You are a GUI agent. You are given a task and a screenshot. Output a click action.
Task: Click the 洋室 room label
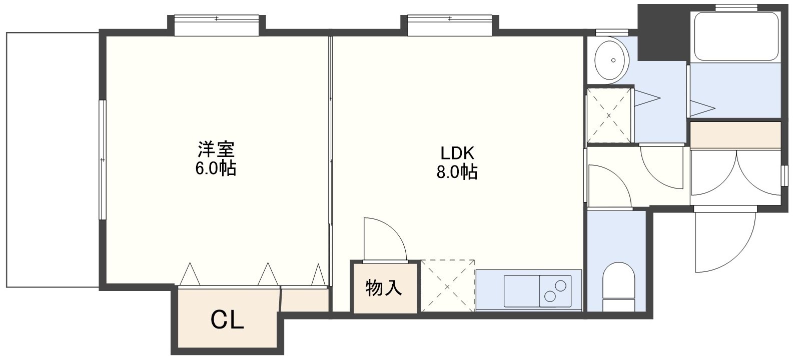pos(216,149)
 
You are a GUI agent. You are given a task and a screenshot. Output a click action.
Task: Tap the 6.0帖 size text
pos(216,168)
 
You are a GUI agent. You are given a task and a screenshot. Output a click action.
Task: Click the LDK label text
pos(457,153)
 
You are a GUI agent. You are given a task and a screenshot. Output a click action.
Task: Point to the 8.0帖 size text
pos(457,172)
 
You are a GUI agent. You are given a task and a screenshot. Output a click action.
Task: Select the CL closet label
pos(227,320)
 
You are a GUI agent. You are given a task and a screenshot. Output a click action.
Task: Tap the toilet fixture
pos(619,286)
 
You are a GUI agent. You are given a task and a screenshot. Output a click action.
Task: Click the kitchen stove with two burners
pos(555,291)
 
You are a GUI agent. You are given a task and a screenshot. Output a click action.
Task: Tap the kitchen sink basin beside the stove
pos(522,291)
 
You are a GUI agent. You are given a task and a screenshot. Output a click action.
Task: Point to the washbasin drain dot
pos(613,60)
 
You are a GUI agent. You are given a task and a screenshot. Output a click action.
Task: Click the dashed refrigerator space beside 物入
pos(448,286)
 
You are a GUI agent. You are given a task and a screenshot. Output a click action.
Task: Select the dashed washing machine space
pos(609,115)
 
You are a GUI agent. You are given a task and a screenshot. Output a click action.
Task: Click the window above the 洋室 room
pos(217,25)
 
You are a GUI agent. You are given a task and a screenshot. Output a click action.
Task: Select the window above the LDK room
pos(449,25)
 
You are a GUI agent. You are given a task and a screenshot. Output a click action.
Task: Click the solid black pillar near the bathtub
pos(663,32)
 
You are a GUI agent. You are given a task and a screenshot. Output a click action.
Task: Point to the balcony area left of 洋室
pos(53,160)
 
